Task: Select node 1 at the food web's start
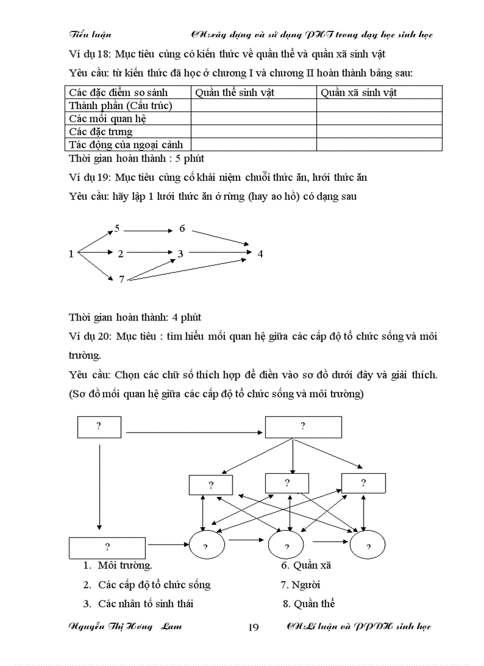point(71,254)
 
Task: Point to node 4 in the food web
point(260,254)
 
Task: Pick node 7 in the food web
point(122,279)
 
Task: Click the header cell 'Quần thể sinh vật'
point(234,93)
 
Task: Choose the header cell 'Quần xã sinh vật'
point(358,93)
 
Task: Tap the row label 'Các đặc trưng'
point(100,132)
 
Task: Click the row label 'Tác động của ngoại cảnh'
point(126,145)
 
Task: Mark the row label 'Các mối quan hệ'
point(107,119)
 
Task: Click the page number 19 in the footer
point(253,627)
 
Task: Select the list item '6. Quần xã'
point(306,565)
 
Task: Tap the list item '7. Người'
point(300,585)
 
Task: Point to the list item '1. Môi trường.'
point(118,565)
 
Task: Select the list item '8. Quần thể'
point(309,604)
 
